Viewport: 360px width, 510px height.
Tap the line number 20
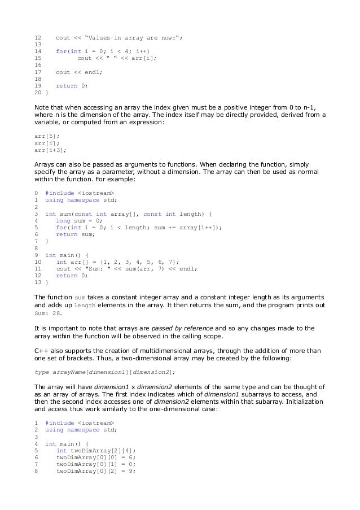pos(38,92)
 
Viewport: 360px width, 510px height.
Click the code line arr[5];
pos(47,136)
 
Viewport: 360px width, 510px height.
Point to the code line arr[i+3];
pos(50,150)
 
